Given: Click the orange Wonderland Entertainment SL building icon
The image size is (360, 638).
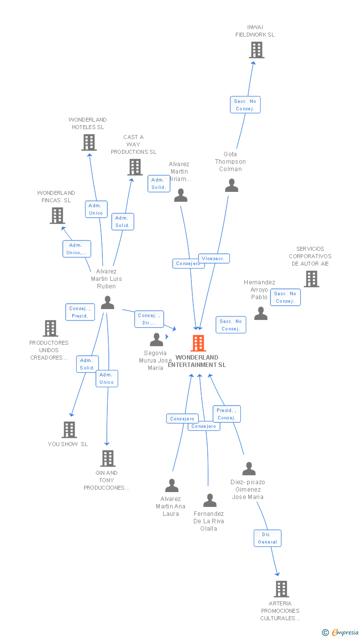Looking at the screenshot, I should point(198,343).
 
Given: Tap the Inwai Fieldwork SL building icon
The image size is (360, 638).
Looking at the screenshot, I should point(256,50).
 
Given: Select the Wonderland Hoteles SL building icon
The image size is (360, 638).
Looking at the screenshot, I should point(89,142).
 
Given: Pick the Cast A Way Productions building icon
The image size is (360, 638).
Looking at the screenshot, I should point(135,167).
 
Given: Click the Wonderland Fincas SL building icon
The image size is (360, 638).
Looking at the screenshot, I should point(57,215).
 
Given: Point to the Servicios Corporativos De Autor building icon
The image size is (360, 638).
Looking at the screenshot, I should point(311,279).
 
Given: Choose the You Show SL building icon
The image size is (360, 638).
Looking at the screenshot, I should point(69,429).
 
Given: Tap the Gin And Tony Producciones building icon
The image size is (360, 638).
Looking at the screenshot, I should point(107,458).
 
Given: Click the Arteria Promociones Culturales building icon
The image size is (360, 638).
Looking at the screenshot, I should point(281,589).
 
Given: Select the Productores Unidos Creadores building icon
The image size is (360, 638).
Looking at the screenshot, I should point(50,328).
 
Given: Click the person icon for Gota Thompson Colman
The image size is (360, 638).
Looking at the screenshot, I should point(231,185).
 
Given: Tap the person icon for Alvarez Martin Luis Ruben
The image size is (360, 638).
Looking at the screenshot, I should point(107,303).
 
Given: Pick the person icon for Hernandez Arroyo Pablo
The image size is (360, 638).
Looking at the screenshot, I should point(261,314).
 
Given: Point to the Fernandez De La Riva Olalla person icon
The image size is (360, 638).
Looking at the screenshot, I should point(210,501).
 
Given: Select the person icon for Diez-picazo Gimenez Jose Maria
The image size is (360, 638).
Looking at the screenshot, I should point(249,468).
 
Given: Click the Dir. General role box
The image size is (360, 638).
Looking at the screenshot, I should point(268,538).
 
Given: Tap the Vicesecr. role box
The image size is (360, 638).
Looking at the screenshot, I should point(214,258).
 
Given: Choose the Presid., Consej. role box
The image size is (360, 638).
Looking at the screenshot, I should point(226,414).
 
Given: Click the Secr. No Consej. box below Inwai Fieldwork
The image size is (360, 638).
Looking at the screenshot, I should point(245,105).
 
